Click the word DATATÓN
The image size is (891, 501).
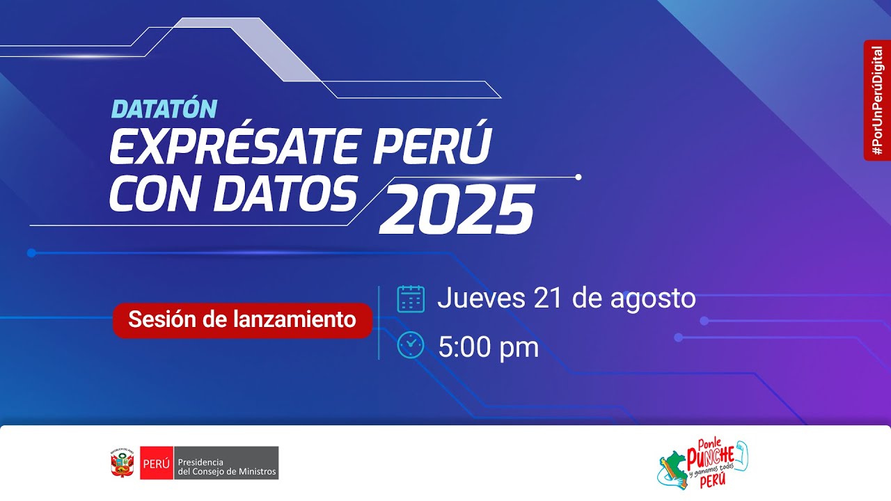[164, 109]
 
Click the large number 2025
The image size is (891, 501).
[457, 209]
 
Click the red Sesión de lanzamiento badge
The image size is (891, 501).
[242, 320]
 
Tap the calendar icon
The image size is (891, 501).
[411, 299]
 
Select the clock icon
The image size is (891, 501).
[411, 346]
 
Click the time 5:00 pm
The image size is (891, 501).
[489, 347]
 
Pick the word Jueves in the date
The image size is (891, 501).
[481, 298]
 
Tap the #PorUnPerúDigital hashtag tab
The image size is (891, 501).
[877, 100]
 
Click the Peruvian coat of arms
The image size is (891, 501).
[122, 463]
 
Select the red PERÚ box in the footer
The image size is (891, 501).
[156, 463]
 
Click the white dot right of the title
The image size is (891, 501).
[578, 177]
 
